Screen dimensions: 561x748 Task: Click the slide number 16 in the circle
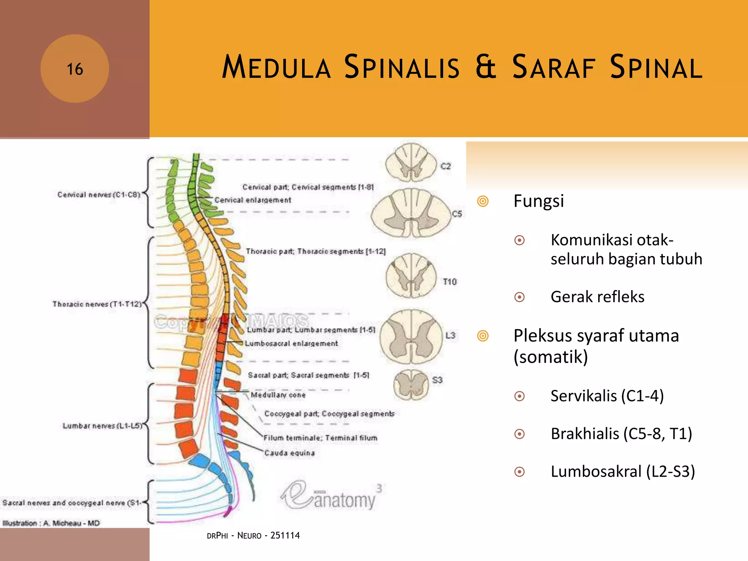click(75, 69)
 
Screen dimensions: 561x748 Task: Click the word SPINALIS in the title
click(402, 67)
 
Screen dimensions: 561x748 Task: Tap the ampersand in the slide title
click(486, 67)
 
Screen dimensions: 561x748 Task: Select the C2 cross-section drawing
click(411, 163)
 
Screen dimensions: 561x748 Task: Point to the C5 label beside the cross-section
click(457, 214)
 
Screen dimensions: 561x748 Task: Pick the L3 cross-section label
click(450, 335)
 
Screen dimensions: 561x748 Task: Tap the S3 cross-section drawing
click(411, 385)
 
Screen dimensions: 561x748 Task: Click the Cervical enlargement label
click(253, 200)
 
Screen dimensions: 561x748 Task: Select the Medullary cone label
click(278, 395)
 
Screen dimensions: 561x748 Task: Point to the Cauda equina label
click(289, 453)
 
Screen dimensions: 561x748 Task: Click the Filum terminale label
click(320, 438)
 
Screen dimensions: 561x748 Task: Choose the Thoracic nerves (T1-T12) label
click(97, 304)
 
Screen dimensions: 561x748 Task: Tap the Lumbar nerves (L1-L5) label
click(102, 426)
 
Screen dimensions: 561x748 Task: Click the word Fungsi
click(538, 201)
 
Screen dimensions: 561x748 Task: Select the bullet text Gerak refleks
click(597, 297)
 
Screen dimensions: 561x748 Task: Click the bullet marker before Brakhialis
click(519, 434)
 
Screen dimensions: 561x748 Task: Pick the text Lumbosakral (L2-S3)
click(622, 472)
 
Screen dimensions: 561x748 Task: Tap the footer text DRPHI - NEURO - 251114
click(253, 535)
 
